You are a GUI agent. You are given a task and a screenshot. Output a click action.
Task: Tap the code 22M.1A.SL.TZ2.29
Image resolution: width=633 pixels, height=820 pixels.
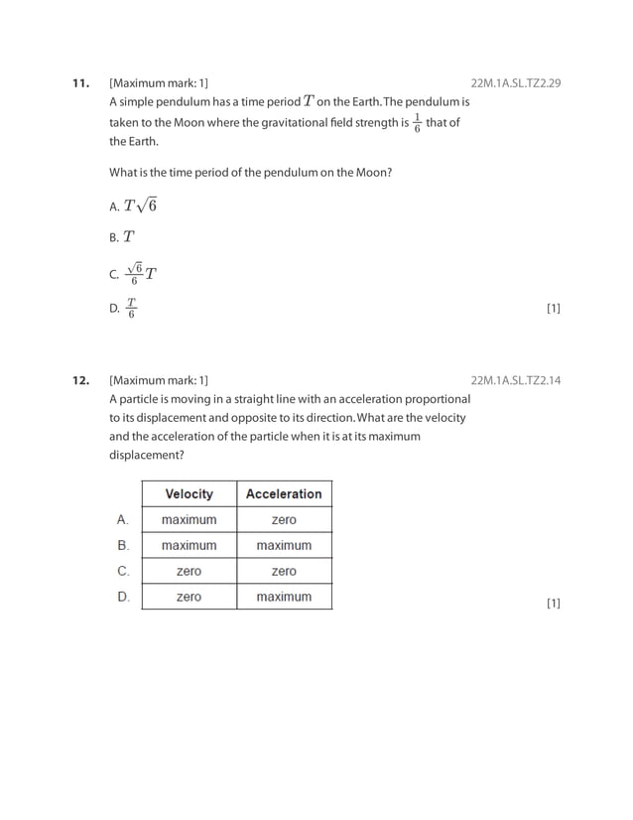[x=516, y=82]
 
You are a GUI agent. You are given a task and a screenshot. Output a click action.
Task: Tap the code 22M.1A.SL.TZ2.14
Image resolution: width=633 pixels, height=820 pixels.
[x=516, y=380]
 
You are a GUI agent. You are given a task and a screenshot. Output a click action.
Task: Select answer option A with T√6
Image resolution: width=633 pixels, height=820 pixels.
[x=134, y=205]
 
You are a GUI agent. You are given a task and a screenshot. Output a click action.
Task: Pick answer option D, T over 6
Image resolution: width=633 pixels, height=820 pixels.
[x=124, y=309]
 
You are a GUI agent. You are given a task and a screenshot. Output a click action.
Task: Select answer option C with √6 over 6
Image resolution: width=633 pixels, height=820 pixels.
[x=134, y=273]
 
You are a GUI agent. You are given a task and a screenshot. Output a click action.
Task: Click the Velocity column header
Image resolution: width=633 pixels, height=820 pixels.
[x=189, y=494]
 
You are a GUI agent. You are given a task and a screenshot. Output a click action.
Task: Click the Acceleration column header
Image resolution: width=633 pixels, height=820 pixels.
[x=284, y=494]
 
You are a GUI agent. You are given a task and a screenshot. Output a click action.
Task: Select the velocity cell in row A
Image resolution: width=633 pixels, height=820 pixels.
[x=189, y=520]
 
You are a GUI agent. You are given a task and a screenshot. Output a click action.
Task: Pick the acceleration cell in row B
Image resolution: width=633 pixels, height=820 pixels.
[x=284, y=546]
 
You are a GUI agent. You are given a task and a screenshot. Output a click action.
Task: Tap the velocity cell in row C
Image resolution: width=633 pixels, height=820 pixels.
[x=189, y=572]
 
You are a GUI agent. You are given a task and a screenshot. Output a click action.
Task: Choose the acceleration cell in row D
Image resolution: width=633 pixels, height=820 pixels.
[x=284, y=597]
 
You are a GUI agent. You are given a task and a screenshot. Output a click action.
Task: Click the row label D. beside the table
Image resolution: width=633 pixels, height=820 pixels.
[x=124, y=597]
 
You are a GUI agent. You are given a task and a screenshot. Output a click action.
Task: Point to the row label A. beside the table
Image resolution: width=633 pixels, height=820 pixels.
[x=123, y=519]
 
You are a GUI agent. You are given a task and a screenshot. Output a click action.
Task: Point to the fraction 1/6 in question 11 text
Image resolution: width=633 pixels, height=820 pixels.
[x=417, y=123]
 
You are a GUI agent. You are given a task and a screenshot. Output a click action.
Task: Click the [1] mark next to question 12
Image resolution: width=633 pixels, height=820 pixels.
[x=554, y=604]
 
